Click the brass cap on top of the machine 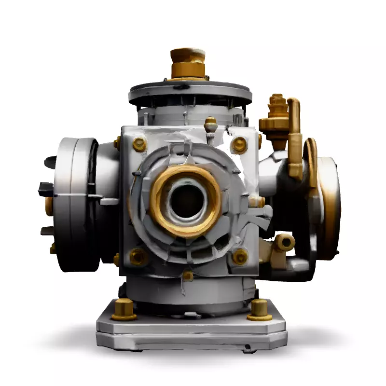[188, 62]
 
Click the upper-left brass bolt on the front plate [139, 144]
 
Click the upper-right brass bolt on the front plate [239, 144]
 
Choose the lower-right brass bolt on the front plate [240, 256]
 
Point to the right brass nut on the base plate [260, 310]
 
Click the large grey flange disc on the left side [72, 203]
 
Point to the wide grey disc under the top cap [190, 92]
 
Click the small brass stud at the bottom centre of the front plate [188, 276]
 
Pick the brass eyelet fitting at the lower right [285, 242]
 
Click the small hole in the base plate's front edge [247, 346]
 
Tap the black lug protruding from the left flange [46, 189]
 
